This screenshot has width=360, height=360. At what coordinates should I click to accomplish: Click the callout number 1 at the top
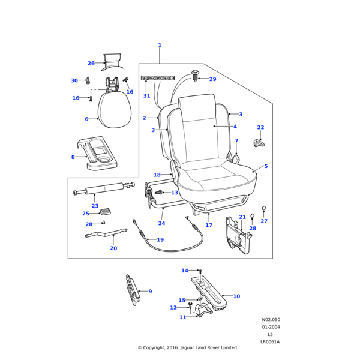[160, 45]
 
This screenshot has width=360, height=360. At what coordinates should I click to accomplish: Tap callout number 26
[91, 63]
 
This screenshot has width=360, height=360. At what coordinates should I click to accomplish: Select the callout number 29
[212, 79]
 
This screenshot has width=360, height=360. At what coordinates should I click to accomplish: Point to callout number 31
[146, 96]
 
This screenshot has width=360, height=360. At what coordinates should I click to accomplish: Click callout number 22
[260, 127]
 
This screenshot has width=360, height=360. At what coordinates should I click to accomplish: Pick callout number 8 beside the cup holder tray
[73, 157]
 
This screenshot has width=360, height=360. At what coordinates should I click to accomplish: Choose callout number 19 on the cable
[160, 239]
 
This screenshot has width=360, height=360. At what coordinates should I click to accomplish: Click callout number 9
[150, 292]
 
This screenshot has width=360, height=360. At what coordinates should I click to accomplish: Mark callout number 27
[264, 221]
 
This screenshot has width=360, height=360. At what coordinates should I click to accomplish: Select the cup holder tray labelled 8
[97, 153]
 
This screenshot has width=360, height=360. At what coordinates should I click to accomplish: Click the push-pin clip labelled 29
[196, 76]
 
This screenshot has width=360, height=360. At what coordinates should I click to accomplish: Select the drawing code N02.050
[271, 320]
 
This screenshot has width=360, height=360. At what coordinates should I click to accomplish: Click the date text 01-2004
[271, 327]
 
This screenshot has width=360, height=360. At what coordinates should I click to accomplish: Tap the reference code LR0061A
[270, 341]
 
